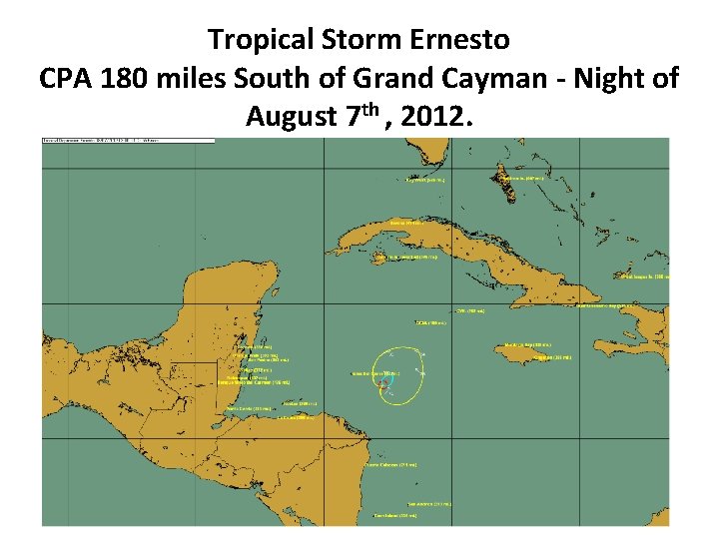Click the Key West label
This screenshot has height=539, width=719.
[425, 181]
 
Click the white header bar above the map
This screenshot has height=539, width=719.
[128, 141]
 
